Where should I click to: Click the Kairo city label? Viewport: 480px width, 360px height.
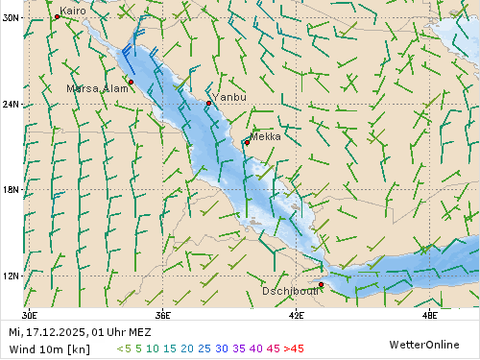coord(73,11)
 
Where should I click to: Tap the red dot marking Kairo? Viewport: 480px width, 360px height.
coord(57,17)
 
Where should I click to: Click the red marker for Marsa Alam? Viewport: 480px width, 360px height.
coord(131,83)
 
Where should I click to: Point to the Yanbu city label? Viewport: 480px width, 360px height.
coord(229,97)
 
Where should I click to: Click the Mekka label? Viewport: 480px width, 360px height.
coord(265,137)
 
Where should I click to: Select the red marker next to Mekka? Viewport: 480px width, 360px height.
coord(246,143)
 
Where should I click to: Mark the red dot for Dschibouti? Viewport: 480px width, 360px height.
coord(321,285)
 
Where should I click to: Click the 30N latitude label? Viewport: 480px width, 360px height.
coord(11,18)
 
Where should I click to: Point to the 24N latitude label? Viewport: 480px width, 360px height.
coord(11,104)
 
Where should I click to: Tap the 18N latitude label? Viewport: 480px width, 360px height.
coord(11,190)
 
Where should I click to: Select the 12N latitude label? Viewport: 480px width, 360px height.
coord(11,276)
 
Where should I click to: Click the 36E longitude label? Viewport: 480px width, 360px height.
coord(162,314)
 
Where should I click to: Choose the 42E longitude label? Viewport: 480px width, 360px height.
coord(296,314)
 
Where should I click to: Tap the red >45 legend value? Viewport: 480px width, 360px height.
coord(294,348)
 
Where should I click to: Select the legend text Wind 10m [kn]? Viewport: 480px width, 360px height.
coord(49,348)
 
